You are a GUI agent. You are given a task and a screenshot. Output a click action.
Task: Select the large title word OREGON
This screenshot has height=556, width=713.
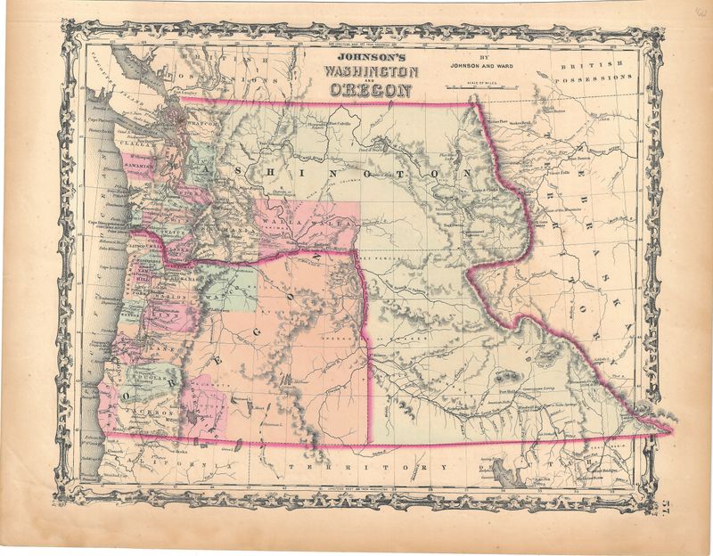[369, 90]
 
